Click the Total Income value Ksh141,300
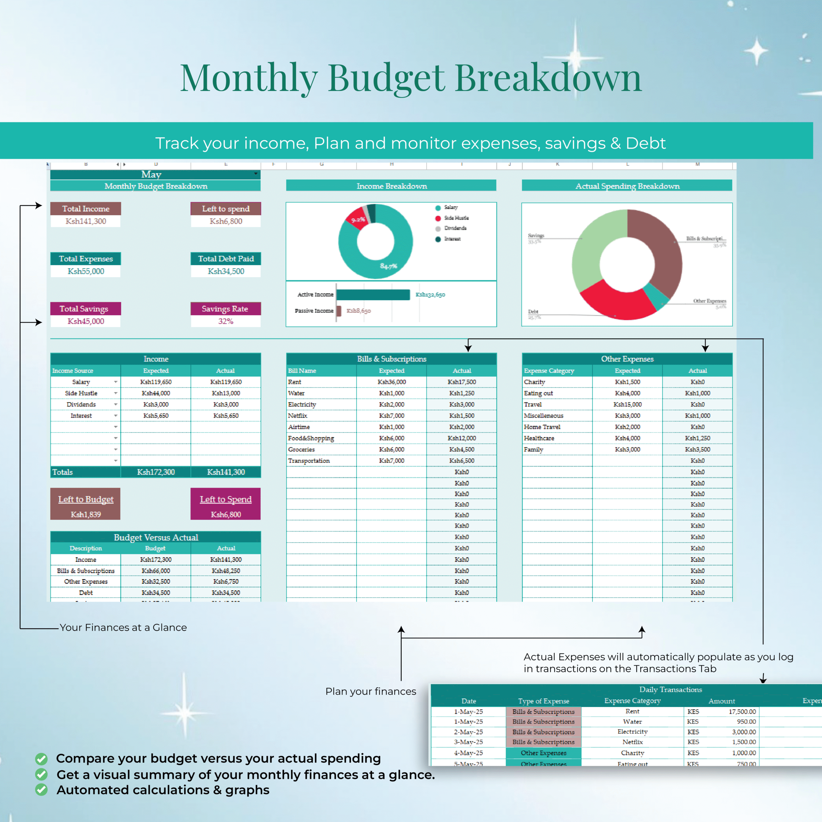click(85, 221)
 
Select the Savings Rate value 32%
click(225, 321)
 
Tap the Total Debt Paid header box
click(225, 259)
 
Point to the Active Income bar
click(373, 294)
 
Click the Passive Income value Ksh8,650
click(358, 311)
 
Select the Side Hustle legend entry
click(456, 218)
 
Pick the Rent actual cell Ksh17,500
click(462, 382)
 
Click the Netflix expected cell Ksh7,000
click(391, 416)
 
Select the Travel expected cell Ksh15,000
click(627, 405)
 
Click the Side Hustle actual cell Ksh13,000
click(225, 393)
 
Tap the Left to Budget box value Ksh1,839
click(85, 514)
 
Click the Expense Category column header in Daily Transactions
click(632, 701)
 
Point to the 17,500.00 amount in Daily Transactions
click(742, 712)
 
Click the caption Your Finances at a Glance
click(123, 627)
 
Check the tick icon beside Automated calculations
click(41, 790)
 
